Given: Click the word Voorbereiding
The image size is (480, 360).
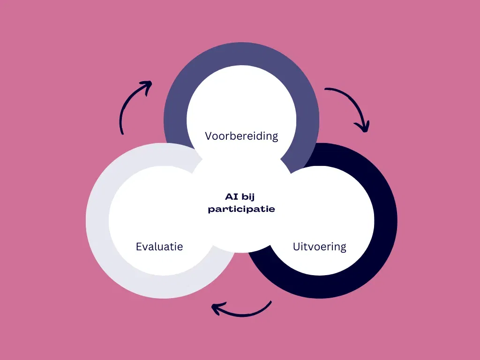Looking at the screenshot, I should [241, 136].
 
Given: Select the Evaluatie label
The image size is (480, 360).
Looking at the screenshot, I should [159, 246].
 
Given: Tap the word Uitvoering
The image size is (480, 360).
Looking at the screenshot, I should [320, 247].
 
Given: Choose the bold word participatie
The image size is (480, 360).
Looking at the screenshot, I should [241, 209].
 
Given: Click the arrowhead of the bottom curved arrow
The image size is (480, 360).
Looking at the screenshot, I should [216, 308].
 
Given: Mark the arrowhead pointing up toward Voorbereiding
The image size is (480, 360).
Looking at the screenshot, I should [147, 86].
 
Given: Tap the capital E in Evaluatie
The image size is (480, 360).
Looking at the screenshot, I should [139, 246].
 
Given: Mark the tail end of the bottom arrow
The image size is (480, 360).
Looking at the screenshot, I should [270, 302].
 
